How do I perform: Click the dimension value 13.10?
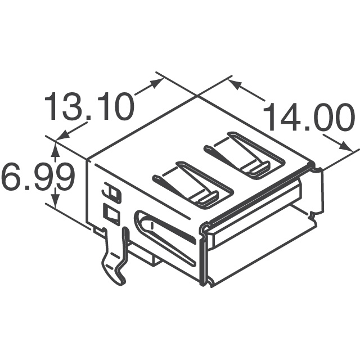[90, 107]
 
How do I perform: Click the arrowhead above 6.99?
[55, 148]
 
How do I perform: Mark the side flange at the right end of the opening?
[317, 191]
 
